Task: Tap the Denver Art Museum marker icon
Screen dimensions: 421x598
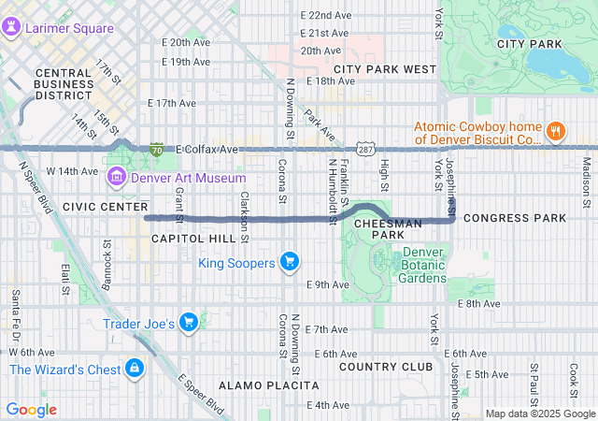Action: [118, 177]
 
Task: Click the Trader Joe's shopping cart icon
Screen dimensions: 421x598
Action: [189, 323]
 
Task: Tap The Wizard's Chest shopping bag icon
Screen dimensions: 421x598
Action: [135, 369]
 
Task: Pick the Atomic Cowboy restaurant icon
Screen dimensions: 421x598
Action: [556, 131]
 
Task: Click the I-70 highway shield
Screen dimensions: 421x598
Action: [156, 149]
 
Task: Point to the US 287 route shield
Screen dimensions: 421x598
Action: [365, 149]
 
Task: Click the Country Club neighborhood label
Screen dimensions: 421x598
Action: [374, 366]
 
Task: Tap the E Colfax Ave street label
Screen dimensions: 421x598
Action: [206, 149]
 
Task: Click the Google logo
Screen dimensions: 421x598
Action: [32, 410]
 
